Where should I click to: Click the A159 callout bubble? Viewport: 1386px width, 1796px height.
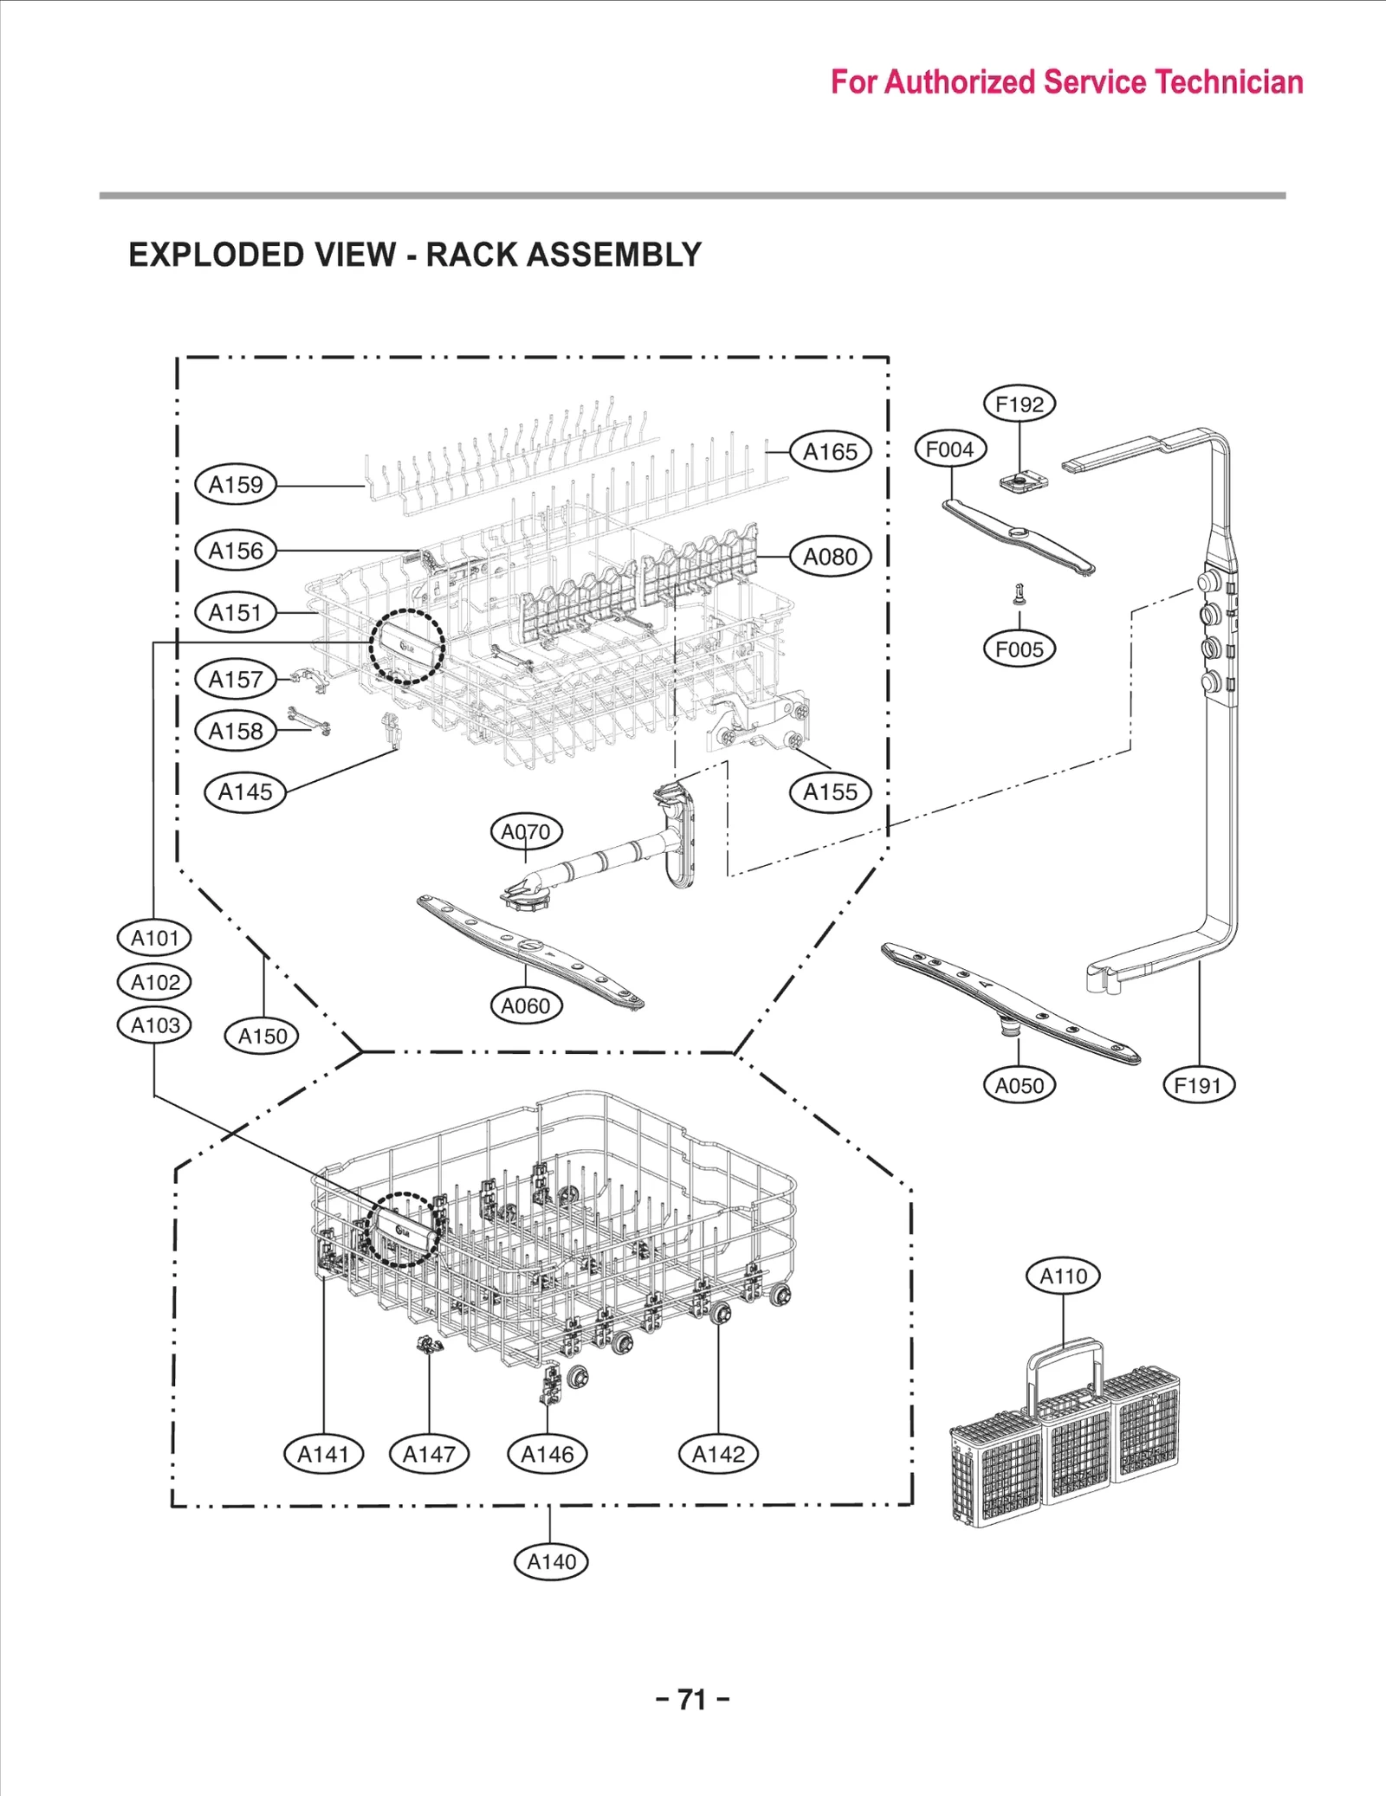tap(236, 485)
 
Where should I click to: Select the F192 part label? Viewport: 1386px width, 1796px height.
tap(1020, 404)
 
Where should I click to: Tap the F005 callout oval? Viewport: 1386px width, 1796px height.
tap(1020, 649)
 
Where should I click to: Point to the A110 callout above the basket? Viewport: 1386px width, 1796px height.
tap(1063, 1276)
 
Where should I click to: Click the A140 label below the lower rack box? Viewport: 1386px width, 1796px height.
tap(551, 1562)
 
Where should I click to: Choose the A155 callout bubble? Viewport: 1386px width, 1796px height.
tap(830, 792)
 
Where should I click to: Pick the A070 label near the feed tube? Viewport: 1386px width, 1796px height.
tap(526, 832)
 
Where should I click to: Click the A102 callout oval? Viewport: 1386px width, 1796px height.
tap(154, 983)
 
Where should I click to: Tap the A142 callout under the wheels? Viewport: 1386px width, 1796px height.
tap(718, 1455)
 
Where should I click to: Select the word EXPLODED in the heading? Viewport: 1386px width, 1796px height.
tap(217, 255)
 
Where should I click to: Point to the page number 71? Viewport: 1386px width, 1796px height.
tap(692, 1700)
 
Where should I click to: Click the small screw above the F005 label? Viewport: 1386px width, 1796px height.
tap(1020, 594)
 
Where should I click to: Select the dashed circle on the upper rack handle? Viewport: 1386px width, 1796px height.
tap(406, 647)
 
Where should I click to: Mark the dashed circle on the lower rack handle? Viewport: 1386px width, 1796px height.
tap(401, 1230)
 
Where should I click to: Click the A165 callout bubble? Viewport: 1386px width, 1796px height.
tap(830, 452)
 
